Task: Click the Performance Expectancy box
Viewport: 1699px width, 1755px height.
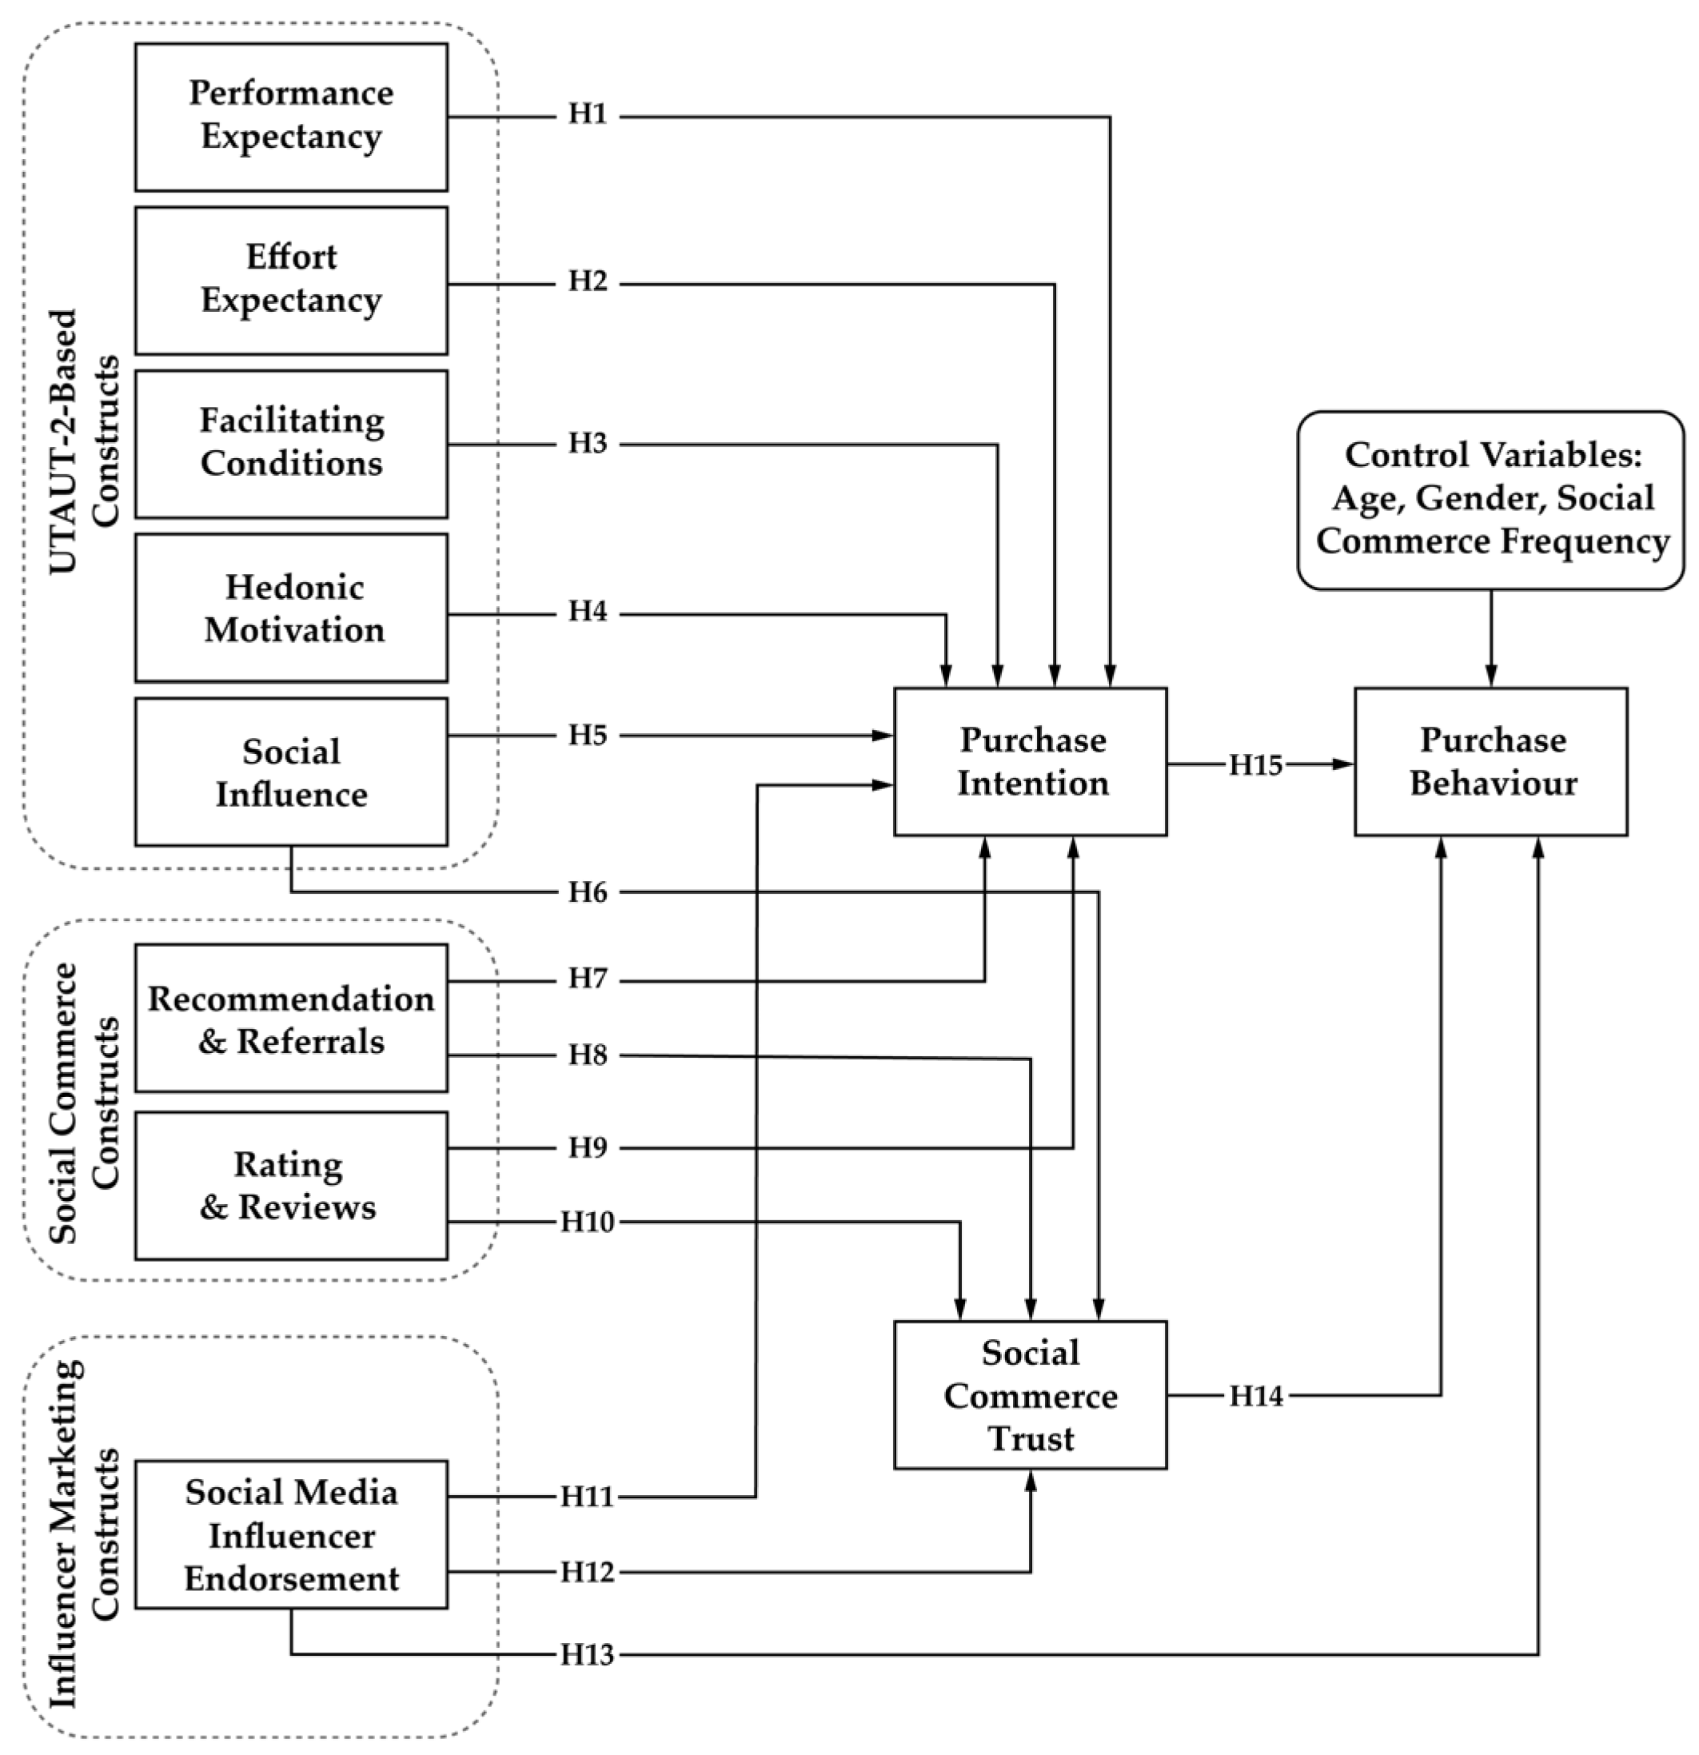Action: point(291,117)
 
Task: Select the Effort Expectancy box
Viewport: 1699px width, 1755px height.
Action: point(291,281)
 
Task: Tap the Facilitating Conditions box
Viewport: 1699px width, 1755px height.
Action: point(291,443)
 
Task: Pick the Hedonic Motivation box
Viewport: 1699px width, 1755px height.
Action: point(291,608)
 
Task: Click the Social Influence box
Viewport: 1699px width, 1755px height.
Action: point(291,772)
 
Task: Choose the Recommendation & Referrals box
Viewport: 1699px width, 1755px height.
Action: point(291,1018)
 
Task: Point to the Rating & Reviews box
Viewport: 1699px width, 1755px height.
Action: point(291,1186)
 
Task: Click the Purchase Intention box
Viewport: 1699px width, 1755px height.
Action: point(1030,762)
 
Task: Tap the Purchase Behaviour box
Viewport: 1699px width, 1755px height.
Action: point(1490,762)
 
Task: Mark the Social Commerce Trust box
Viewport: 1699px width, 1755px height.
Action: point(1030,1394)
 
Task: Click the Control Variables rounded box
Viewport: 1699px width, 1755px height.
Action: point(1490,500)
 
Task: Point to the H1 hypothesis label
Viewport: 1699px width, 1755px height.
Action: point(588,114)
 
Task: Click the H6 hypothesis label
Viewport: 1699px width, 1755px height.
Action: point(588,891)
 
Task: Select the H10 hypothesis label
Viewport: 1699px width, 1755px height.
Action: point(588,1222)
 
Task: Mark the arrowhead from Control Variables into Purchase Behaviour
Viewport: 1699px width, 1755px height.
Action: point(1490,679)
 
